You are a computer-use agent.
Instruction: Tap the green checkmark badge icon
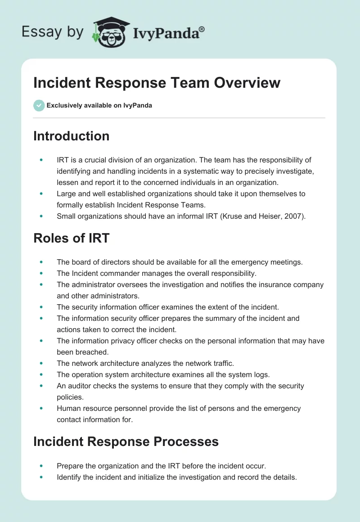[39, 105]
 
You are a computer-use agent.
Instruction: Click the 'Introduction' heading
[71, 136]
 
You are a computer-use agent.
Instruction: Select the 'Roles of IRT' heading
[71, 238]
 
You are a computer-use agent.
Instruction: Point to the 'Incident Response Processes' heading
[126, 441]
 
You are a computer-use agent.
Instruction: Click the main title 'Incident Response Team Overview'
[157, 83]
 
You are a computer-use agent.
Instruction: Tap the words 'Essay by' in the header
[53, 32]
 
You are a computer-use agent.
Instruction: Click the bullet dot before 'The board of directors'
[42, 261]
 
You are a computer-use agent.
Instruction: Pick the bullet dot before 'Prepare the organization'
[42, 466]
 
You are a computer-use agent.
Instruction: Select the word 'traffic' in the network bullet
[223, 363]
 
